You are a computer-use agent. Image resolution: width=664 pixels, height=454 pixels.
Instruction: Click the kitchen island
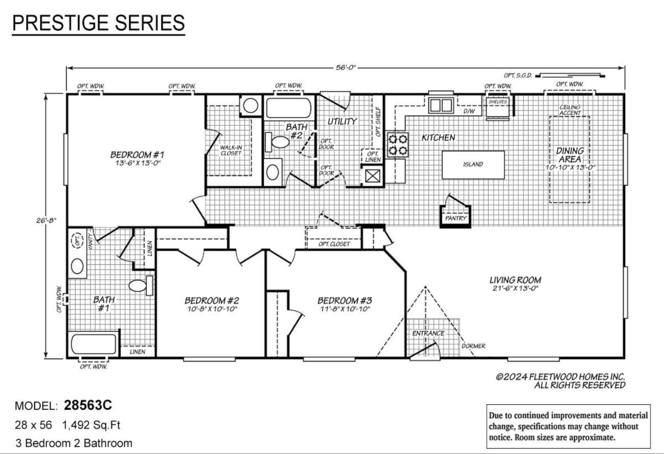click(x=473, y=165)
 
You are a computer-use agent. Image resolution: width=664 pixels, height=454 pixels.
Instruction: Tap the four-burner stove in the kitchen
click(x=397, y=145)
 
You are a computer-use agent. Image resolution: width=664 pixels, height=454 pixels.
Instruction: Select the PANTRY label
click(x=456, y=218)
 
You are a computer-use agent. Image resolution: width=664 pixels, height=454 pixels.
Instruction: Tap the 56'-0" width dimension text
click(x=346, y=67)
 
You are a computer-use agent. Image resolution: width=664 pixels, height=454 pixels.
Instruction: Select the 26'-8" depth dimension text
click(x=46, y=220)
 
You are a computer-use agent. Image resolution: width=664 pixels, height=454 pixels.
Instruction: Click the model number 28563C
click(x=88, y=405)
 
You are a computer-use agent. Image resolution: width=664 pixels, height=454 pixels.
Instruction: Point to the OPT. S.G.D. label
click(x=517, y=76)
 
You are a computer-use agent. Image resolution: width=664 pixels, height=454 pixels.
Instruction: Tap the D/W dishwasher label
click(x=469, y=111)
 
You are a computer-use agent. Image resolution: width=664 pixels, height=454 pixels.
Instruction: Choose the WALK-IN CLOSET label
click(x=231, y=150)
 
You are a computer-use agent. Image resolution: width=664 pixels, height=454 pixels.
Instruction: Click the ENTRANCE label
click(x=428, y=333)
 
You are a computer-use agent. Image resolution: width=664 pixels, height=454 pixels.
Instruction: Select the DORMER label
click(x=473, y=346)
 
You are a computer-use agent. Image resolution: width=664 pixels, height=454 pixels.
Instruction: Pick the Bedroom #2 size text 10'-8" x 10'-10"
click(x=212, y=309)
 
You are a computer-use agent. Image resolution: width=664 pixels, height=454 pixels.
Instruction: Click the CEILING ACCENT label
click(x=570, y=110)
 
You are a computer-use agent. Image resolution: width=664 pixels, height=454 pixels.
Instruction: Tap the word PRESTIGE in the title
click(x=60, y=23)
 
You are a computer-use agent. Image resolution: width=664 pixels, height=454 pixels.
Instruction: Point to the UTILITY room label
click(x=342, y=122)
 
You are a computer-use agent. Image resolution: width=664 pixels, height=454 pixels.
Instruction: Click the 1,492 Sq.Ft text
click(x=91, y=425)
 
